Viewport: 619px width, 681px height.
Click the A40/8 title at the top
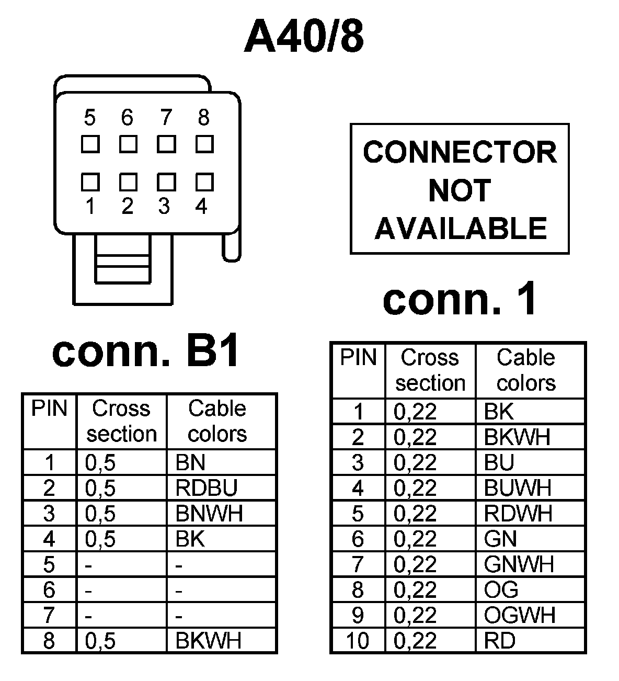pyautogui.click(x=304, y=38)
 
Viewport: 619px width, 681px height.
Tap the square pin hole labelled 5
pyautogui.click(x=90, y=144)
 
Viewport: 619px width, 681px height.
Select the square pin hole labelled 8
pyautogui.click(x=204, y=144)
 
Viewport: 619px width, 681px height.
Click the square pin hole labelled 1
pyautogui.click(x=90, y=182)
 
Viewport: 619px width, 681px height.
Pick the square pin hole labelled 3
pyautogui.click(x=166, y=182)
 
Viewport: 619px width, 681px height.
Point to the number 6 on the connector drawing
pyautogui.click(x=127, y=118)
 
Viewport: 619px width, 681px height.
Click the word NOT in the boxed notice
pyautogui.click(x=460, y=190)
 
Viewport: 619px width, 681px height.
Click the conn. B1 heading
pyautogui.click(x=146, y=351)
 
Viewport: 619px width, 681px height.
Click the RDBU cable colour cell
pyautogui.click(x=207, y=488)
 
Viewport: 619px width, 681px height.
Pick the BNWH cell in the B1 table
pyautogui.click(x=209, y=514)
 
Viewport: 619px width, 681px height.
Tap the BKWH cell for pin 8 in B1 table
pyautogui.click(x=208, y=640)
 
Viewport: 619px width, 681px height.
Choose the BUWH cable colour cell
pyautogui.click(x=518, y=488)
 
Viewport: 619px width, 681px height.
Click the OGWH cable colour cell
pyautogui.click(x=520, y=615)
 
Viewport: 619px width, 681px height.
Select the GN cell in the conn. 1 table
pyautogui.click(x=500, y=539)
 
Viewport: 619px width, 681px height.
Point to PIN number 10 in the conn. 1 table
pyautogui.click(x=358, y=641)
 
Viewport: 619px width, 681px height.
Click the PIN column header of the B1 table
pyautogui.click(x=50, y=408)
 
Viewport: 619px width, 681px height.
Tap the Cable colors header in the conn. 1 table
pyautogui.click(x=526, y=370)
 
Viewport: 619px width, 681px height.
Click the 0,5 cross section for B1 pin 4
pyautogui.click(x=100, y=539)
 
